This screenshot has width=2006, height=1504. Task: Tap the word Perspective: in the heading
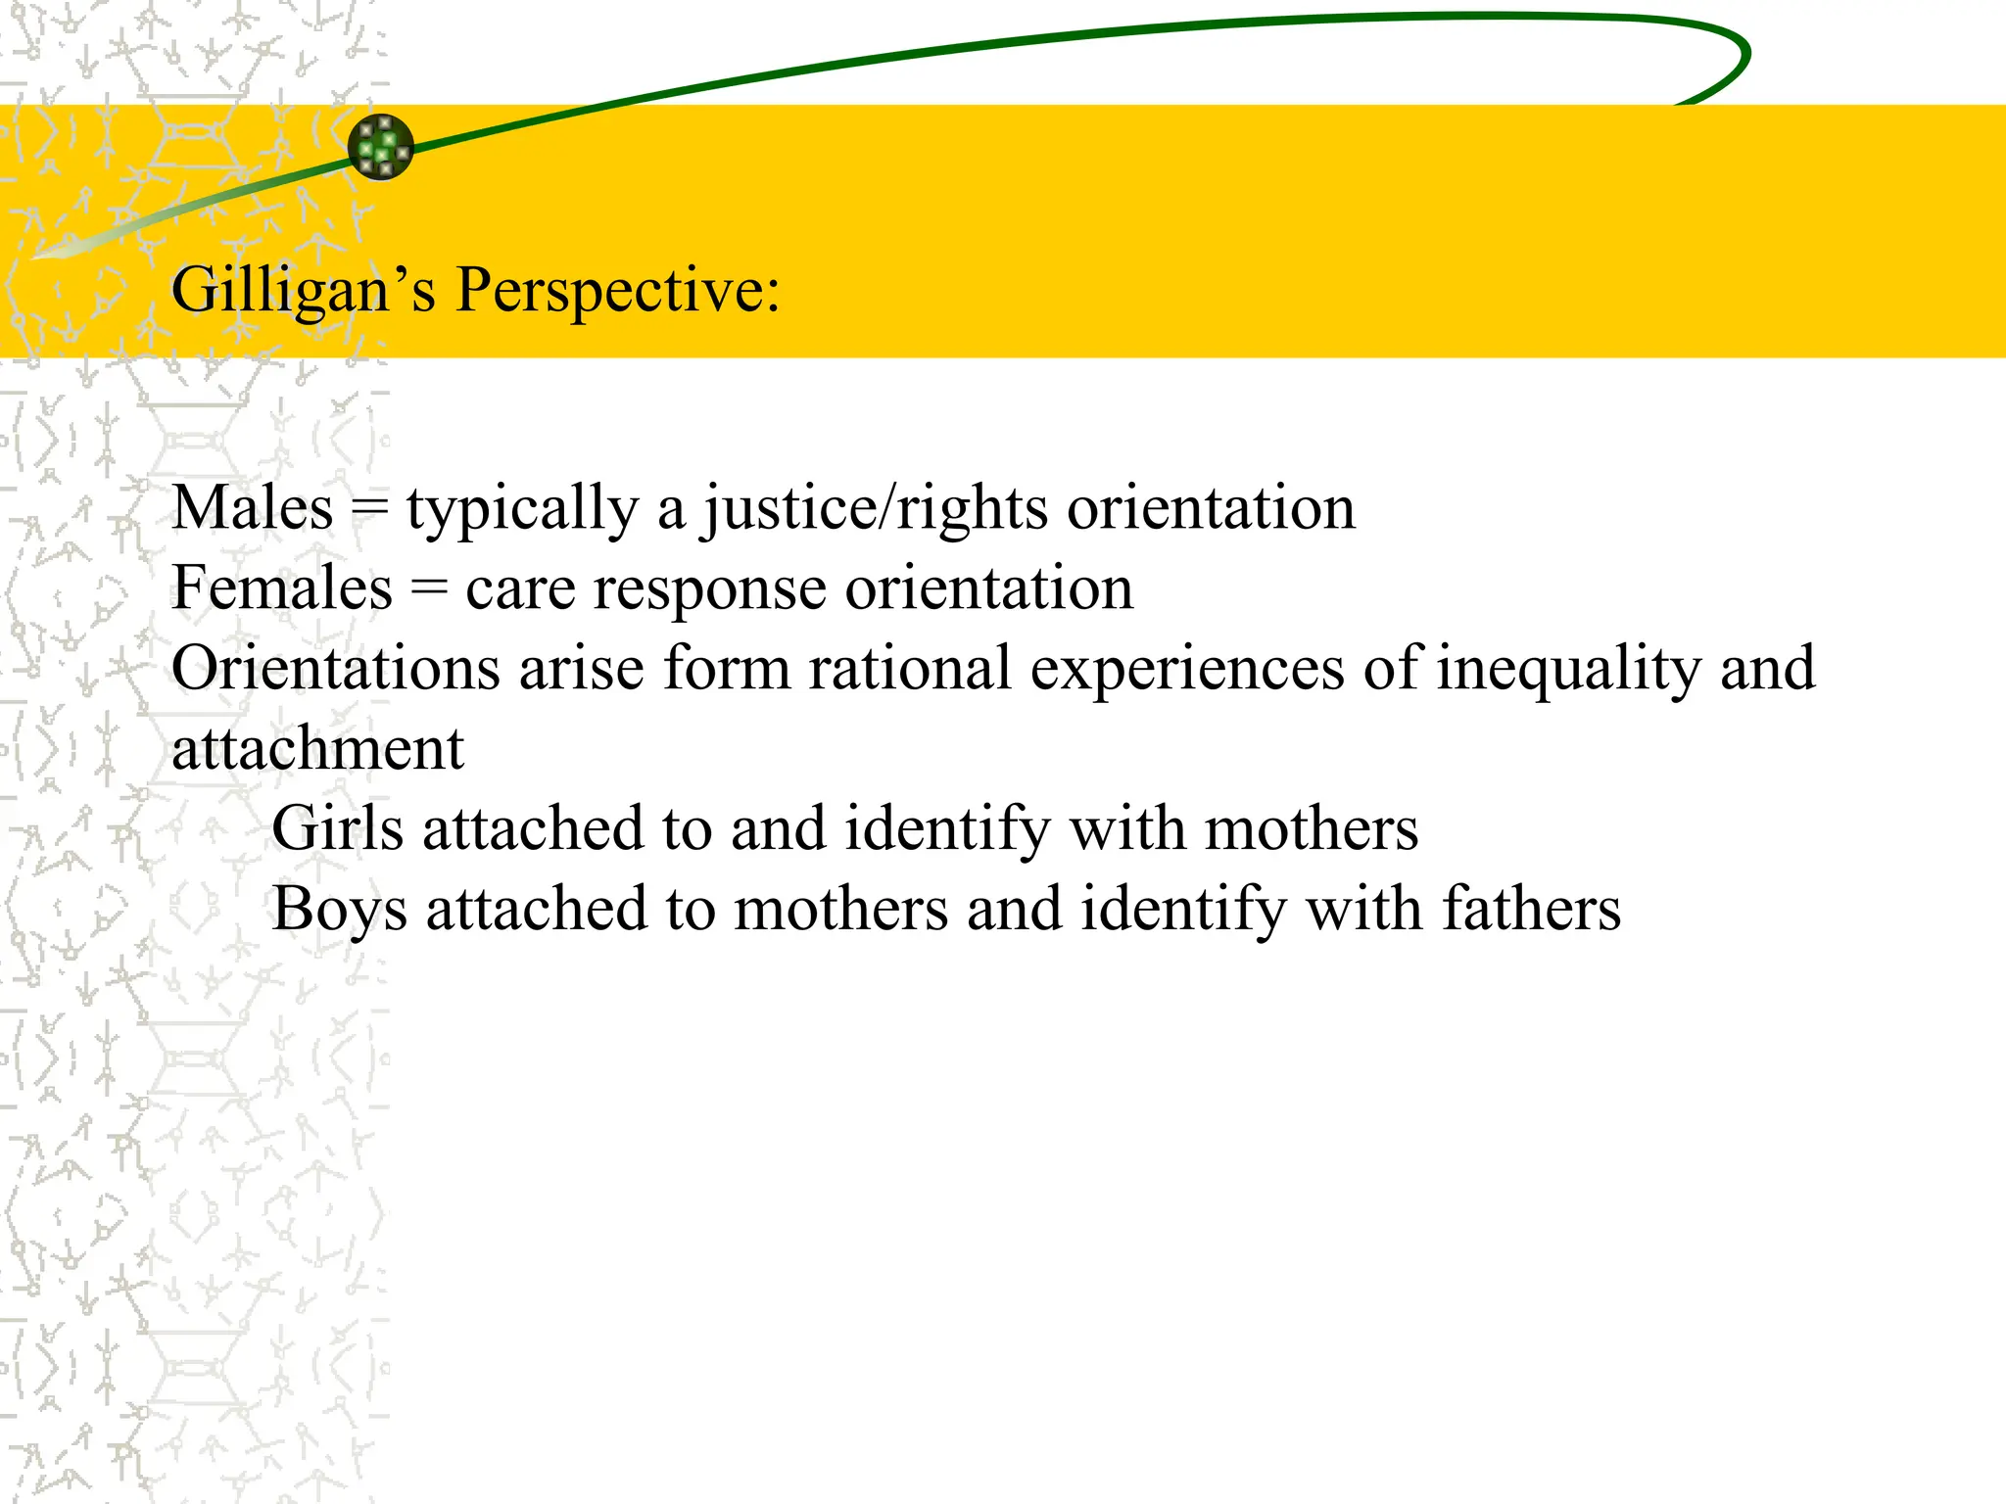point(618,291)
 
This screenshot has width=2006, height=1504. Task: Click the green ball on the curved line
point(381,147)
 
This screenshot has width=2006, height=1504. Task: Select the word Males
point(253,508)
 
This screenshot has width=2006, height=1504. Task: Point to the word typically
point(522,510)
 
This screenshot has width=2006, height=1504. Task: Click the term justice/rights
point(876,510)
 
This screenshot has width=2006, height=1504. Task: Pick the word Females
point(282,588)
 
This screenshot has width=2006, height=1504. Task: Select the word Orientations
point(336,669)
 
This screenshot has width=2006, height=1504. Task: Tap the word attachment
point(317,749)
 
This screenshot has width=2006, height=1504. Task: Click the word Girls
point(337,829)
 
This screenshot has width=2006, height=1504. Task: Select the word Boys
point(339,910)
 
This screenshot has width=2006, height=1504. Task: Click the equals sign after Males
point(370,508)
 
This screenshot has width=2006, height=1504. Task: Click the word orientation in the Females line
point(989,588)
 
